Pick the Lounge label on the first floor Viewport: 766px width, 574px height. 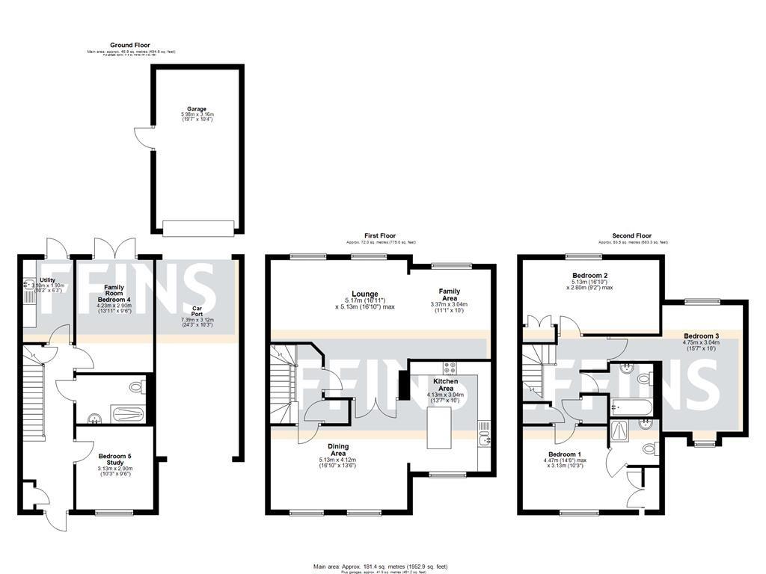366,294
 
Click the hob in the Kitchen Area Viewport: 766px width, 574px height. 451,368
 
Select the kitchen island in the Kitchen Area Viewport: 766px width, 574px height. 439,428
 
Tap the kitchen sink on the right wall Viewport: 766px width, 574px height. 485,432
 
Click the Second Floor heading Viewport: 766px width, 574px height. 632,235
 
